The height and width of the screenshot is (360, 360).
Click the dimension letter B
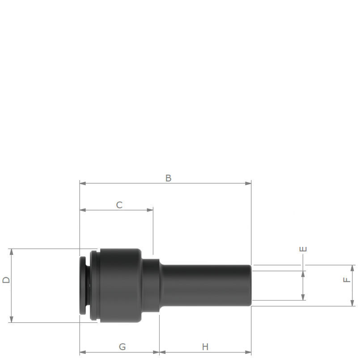[168, 178]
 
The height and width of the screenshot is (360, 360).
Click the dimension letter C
[119, 205]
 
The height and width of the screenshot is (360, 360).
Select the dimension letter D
[6, 280]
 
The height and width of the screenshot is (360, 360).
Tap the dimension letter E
[303, 249]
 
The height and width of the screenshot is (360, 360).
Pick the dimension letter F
[347, 280]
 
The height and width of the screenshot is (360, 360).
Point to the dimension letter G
[123, 347]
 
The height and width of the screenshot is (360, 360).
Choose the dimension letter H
[205, 347]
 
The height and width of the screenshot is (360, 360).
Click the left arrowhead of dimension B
[83, 183]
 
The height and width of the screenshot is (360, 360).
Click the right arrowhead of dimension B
[248, 183]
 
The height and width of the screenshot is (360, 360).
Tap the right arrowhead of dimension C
[150, 210]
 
